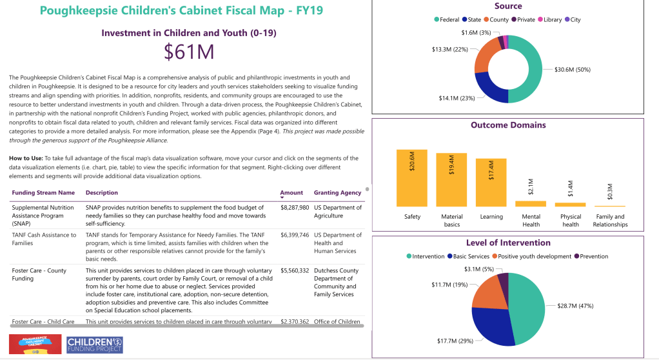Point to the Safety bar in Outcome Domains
point(412,177)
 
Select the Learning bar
point(491,182)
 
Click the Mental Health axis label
point(531,221)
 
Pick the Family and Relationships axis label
point(610,221)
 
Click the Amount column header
point(291,192)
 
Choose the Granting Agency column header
point(337,192)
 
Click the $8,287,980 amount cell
point(295,208)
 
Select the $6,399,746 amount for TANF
point(295,235)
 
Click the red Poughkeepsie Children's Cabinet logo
point(35,344)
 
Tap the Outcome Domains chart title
point(508,125)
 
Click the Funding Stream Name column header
point(43,192)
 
